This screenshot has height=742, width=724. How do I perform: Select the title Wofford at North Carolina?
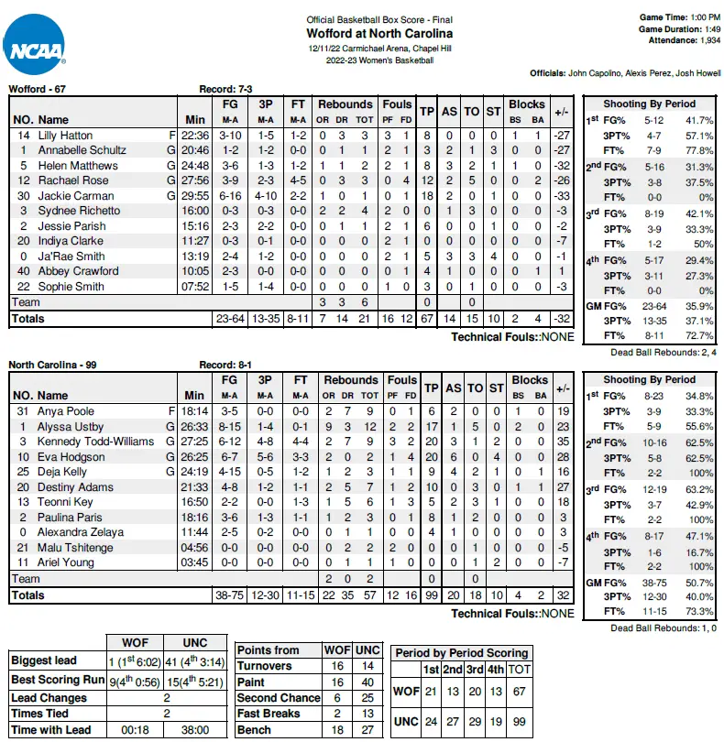379,34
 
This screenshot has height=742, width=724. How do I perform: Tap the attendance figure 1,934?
702,41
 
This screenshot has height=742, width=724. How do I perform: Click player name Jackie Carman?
76,196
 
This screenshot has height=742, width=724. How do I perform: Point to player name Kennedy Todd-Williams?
96,442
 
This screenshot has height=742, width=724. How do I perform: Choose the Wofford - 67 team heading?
38,89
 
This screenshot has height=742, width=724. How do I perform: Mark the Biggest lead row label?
45,660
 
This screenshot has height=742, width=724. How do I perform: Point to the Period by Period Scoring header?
460,652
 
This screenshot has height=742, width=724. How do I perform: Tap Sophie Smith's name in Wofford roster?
71,286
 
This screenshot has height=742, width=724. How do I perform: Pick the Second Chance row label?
279,697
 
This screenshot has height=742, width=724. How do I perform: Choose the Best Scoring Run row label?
58,681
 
